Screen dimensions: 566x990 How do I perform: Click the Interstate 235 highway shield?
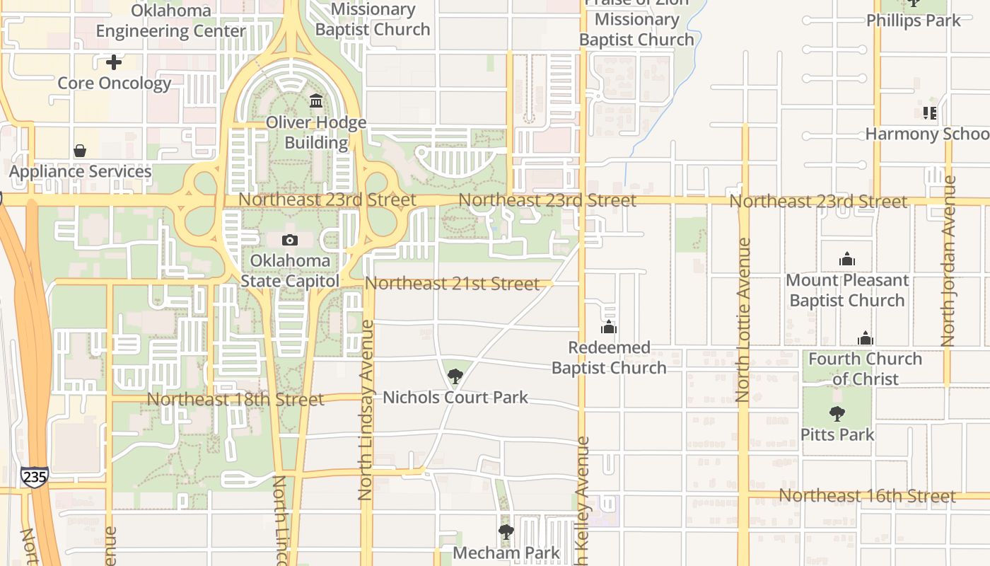coord(34,477)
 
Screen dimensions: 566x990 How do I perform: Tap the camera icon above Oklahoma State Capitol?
coord(289,241)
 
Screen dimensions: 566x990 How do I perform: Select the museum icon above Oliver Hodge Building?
coord(316,101)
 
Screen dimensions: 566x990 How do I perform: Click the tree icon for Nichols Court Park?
coord(455,376)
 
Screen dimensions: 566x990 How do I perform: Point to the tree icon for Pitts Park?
coord(837,414)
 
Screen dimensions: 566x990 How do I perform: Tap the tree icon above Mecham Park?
coord(506,532)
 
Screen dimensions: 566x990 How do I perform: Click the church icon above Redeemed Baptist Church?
coord(609,328)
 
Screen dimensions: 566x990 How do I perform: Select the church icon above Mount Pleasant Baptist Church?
coord(846,260)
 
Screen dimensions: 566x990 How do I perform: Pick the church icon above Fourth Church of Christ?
coord(865,338)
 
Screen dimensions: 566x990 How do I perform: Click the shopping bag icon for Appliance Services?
coord(80,151)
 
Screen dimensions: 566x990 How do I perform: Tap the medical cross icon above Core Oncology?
coord(113,62)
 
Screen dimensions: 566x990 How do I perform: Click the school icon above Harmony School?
coord(929,113)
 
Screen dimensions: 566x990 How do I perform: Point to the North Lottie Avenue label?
coord(742,320)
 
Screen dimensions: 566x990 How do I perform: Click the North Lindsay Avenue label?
coord(366,410)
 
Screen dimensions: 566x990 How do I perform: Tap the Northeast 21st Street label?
coord(452,284)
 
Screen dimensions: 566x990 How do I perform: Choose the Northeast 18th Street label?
coord(235,399)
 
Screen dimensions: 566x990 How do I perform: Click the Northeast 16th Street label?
coord(867,495)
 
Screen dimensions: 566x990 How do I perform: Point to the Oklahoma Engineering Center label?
coord(171,21)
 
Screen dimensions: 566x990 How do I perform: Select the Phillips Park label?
coord(914,20)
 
